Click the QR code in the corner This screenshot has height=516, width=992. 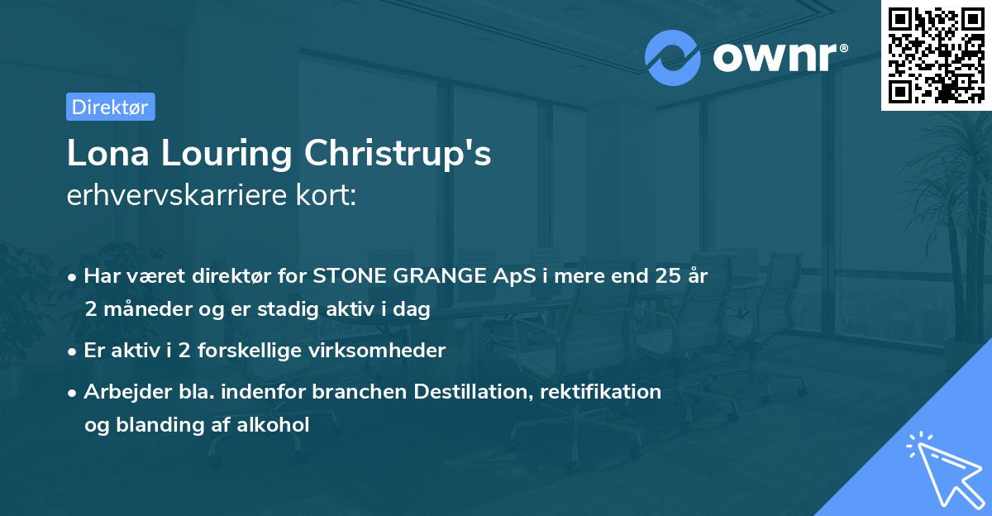tap(936, 55)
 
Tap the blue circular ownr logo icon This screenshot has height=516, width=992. tap(673, 57)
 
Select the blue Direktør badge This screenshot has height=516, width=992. tap(111, 107)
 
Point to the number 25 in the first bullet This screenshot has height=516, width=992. tap(661, 275)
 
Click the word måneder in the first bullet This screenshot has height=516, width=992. tap(139, 310)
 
